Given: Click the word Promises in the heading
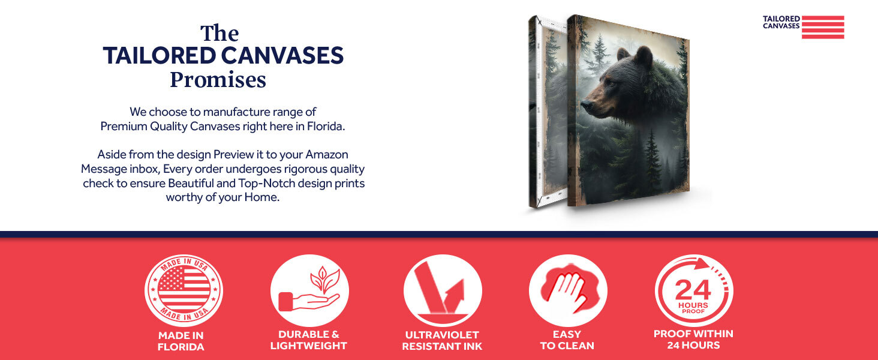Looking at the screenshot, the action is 218,80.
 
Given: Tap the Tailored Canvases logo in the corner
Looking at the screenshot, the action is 803,26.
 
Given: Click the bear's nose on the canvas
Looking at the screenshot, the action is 585,105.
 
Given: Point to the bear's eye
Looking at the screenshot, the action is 610,83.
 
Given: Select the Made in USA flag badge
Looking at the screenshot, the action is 184,290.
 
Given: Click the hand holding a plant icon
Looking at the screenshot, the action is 309,290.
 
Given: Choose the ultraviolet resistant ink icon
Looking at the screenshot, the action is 443,290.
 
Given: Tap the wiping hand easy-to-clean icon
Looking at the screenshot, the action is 568,290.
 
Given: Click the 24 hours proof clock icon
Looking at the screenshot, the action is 694,290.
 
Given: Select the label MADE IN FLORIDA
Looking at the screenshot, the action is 181,341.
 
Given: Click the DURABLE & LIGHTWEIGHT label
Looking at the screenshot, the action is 309,340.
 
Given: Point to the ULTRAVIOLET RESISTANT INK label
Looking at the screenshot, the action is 442,341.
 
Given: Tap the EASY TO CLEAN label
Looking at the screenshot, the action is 567,340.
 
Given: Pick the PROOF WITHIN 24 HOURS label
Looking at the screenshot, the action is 693,340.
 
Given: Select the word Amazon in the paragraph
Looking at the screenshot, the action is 327,155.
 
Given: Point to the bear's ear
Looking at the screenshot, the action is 644,55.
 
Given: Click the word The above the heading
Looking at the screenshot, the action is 220,34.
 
